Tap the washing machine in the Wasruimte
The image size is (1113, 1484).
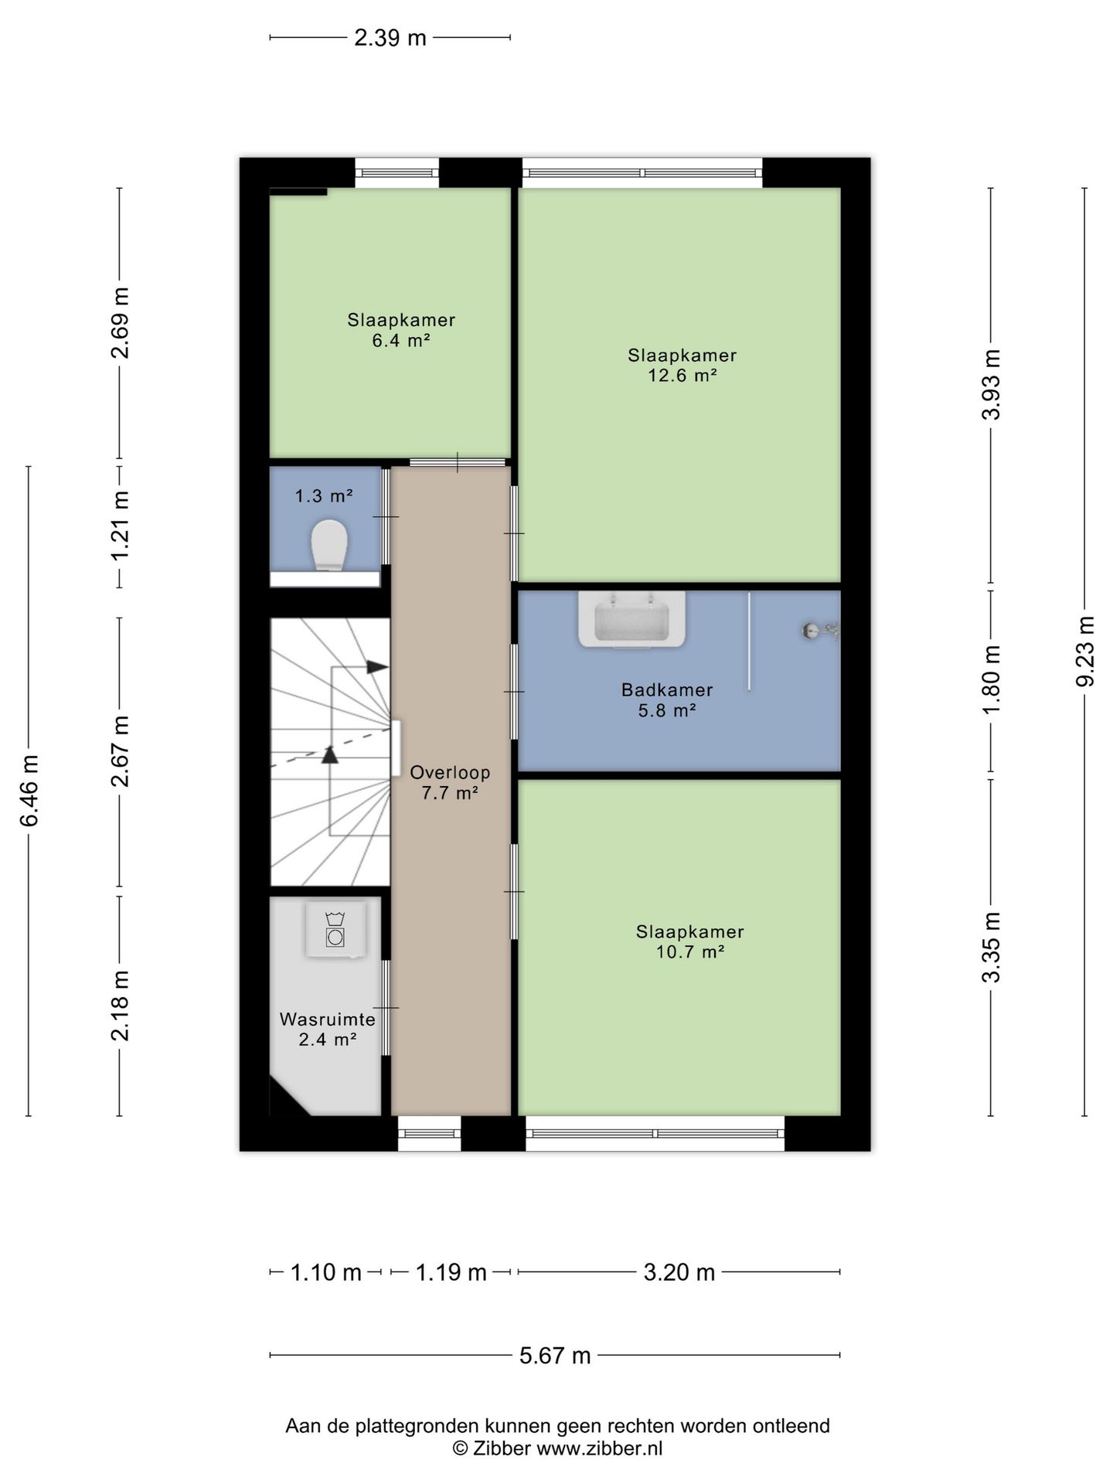pos(335,930)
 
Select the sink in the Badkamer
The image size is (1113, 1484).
pos(631,618)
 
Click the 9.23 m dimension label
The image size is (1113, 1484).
pos(1085,652)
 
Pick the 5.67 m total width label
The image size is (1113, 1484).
pos(555,1355)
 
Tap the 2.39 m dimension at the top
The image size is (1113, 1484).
pos(390,37)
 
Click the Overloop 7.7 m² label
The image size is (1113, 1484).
pos(450,781)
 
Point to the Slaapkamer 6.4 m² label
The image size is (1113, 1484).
pos(400,330)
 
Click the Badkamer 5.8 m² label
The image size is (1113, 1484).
pos(667,699)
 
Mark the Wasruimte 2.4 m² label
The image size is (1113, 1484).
pos(327,1030)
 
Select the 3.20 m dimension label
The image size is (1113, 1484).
pos(679,1272)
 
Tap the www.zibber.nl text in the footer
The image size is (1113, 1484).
pos(600,1448)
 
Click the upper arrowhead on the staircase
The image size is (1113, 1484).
pos(377,667)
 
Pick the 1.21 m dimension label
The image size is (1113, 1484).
pos(120,526)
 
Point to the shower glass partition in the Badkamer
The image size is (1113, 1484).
pos(749,642)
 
